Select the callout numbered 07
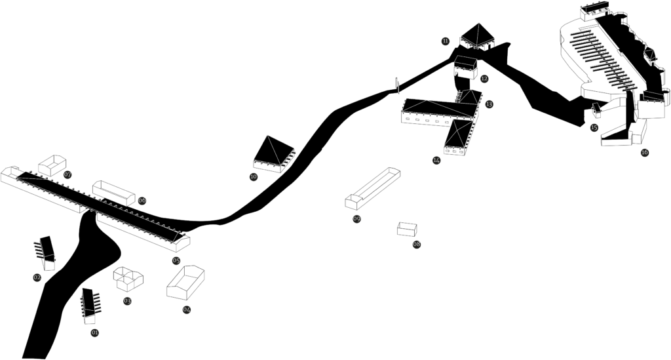[68, 174]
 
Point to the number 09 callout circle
[357, 219]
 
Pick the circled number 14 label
[436, 159]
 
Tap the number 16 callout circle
[645, 153]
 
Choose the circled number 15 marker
[594, 127]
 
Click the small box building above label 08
[408, 230]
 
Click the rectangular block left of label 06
[114, 193]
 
